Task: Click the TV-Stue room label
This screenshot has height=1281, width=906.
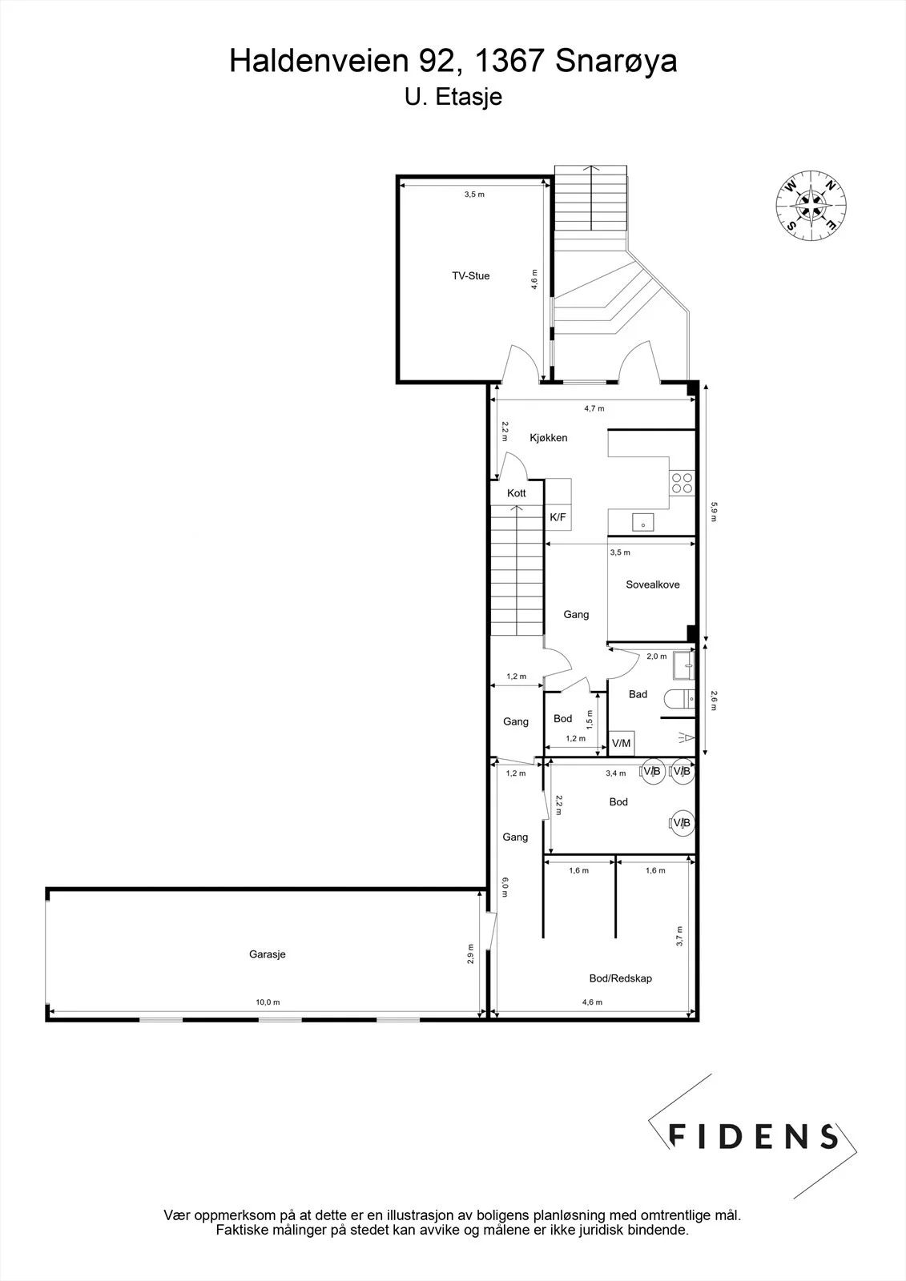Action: (470, 275)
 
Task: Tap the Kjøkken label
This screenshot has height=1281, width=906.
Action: (548, 438)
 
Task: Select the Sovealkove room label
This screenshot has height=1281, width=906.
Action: (652, 584)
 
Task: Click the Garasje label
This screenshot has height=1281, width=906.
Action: (268, 954)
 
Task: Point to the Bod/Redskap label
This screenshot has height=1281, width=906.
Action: (620, 978)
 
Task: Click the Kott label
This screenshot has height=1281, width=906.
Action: (516, 493)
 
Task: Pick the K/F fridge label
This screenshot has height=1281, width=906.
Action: (558, 517)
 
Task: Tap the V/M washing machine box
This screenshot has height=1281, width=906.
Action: (621, 744)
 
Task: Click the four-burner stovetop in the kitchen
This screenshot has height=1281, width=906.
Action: (683, 483)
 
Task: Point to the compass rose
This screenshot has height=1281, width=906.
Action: (811, 205)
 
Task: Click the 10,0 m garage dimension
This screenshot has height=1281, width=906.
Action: (268, 1002)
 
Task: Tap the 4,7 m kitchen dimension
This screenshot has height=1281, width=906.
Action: (594, 408)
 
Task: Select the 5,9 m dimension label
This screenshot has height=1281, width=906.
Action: (714, 512)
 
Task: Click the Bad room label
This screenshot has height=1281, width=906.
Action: (638, 694)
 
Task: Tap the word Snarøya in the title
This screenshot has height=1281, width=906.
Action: (616, 61)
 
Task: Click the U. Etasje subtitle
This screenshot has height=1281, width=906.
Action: (453, 97)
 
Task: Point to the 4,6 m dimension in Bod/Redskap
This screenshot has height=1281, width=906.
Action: (592, 1002)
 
